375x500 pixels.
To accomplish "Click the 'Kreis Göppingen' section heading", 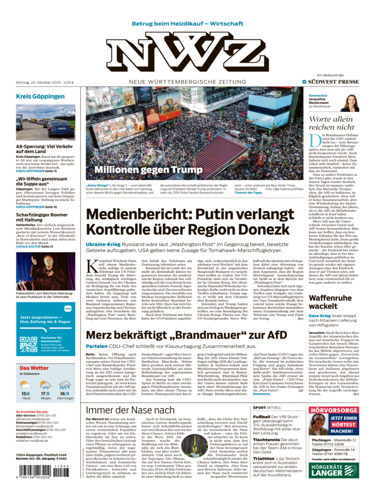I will (x=40, y=96).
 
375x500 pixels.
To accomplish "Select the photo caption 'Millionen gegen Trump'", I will (x=148, y=170).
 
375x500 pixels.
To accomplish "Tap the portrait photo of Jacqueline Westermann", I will (x=350, y=103).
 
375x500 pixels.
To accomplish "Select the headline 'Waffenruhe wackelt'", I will (x=330, y=302).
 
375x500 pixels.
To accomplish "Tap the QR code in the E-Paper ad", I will (x=28, y=344).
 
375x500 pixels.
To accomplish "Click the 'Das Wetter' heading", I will (x=34, y=368).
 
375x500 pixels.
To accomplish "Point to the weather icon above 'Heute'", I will (x=26, y=384).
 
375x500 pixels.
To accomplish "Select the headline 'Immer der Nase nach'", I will (x=130, y=410).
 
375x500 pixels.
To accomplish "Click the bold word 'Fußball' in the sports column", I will (x=262, y=417).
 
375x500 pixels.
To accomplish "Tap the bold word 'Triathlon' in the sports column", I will (x=263, y=458).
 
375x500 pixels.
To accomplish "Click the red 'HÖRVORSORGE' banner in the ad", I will (x=334, y=410).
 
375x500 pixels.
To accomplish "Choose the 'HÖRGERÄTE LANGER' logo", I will (x=334, y=470).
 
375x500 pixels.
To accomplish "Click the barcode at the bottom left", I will (x=43, y=471).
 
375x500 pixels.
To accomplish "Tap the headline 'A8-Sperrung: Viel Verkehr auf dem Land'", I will (x=44, y=149).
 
